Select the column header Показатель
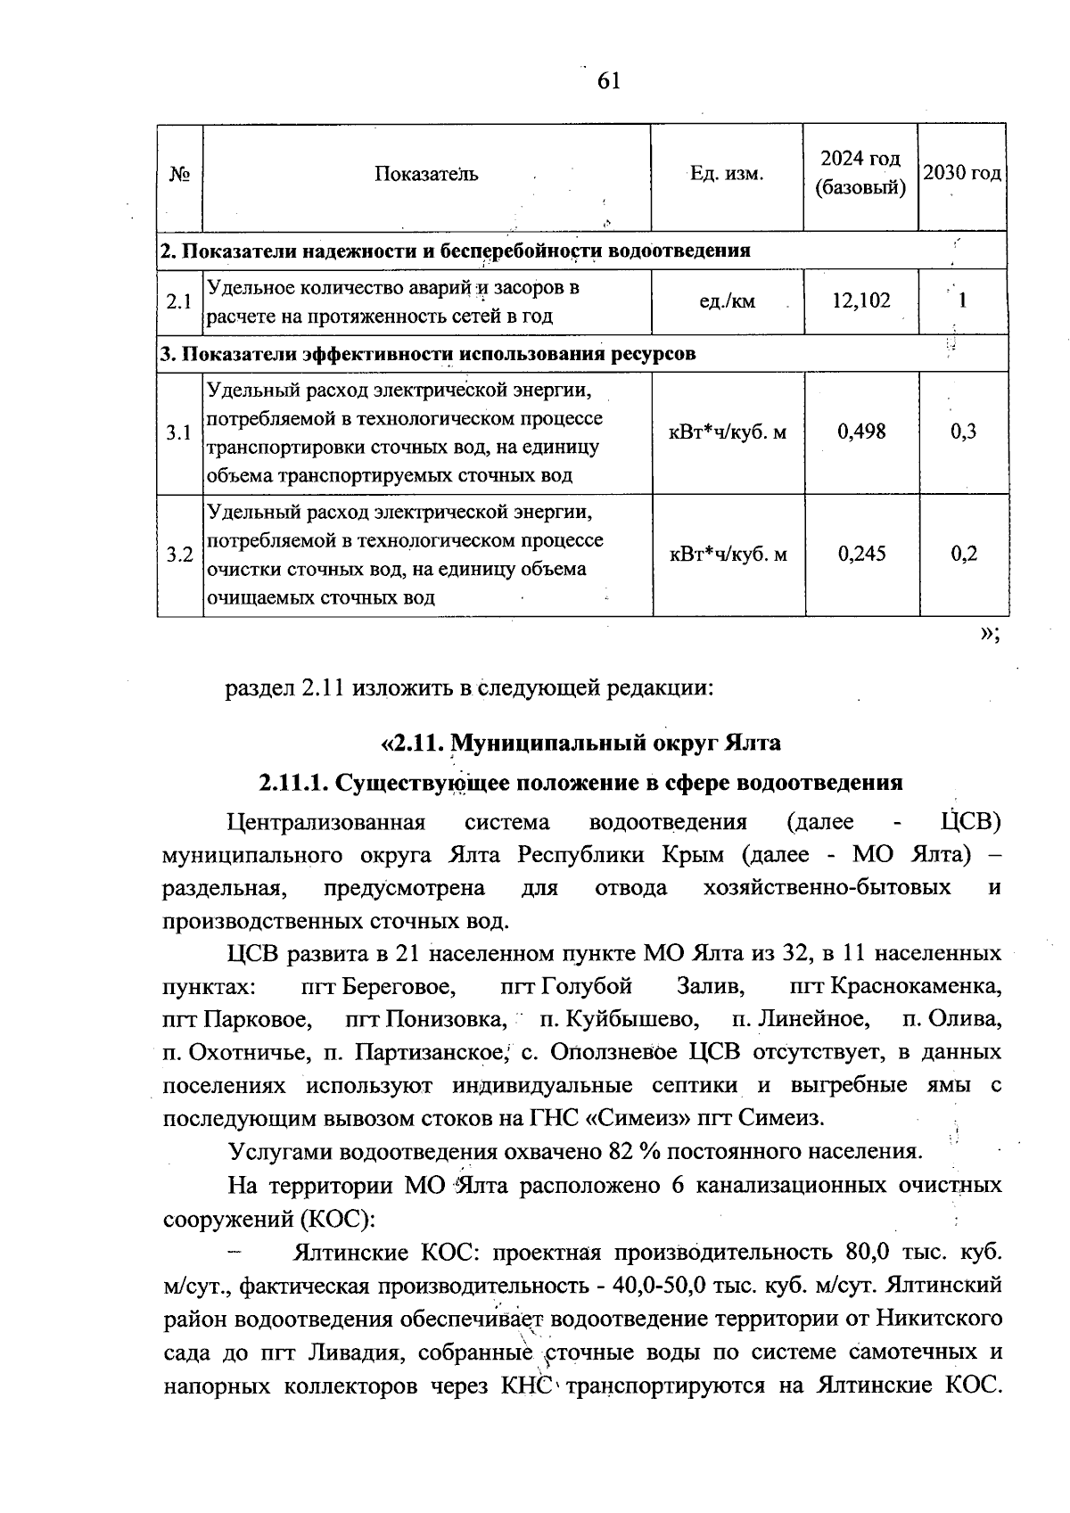pyautogui.click(x=426, y=174)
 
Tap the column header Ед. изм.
pyautogui.click(x=727, y=174)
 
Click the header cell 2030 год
pyautogui.click(x=962, y=172)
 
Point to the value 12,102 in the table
pyautogui.click(x=860, y=301)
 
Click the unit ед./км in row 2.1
pyautogui.click(x=727, y=301)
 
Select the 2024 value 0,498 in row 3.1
pyautogui.click(x=861, y=432)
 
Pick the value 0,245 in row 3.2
pyautogui.click(x=861, y=555)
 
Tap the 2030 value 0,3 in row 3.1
pyautogui.click(x=963, y=432)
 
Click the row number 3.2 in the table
pyautogui.click(x=179, y=555)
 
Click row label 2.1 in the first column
pyautogui.click(x=179, y=301)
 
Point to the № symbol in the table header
pyautogui.click(x=179, y=174)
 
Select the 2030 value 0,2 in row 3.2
pyautogui.click(x=963, y=555)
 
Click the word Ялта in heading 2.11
pyautogui.click(x=752, y=743)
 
